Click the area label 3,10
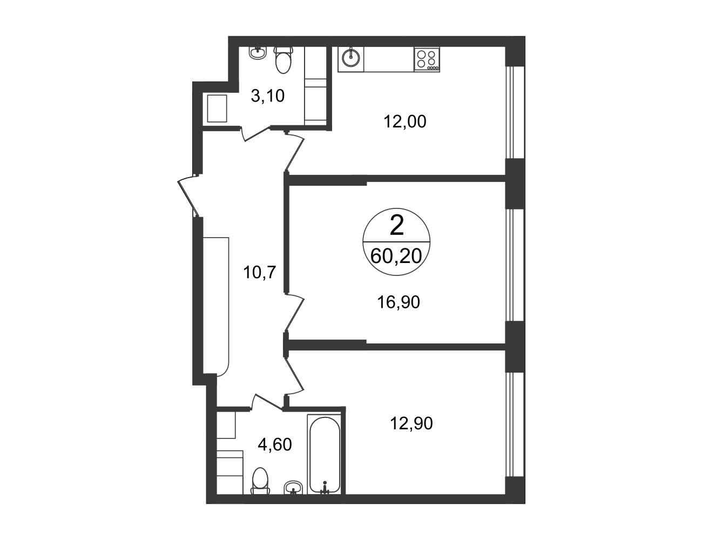click(x=267, y=96)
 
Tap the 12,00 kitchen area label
click(x=405, y=122)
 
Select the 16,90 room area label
click(x=399, y=302)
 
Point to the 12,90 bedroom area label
click(x=411, y=423)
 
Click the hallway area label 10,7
click(x=259, y=272)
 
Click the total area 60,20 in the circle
click(x=396, y=256)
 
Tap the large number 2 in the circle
click(x=397, y=226)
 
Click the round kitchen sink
click(x=351, y=59)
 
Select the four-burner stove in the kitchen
click(x=427, y=59)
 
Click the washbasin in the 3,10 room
click(x=258, y=53)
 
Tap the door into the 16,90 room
click(x=295, y=313)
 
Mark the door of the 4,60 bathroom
click(x=267, y=402)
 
